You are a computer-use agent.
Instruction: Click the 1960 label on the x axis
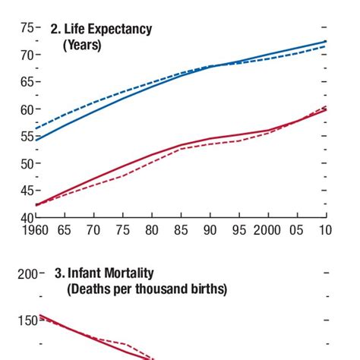[36, 230]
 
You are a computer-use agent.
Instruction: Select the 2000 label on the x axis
[267, 230]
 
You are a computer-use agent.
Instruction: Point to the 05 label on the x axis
[297, 230]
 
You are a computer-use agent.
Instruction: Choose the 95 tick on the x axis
[238, 230]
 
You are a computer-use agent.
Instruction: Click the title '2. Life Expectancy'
[101, 30]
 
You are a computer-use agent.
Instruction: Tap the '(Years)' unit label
[82, 45]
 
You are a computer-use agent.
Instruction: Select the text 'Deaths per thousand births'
[147, 289]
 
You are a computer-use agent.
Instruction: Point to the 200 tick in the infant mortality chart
[28, 274]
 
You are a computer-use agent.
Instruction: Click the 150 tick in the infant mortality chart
[28, 321]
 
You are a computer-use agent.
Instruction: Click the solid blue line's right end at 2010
[326, 41]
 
